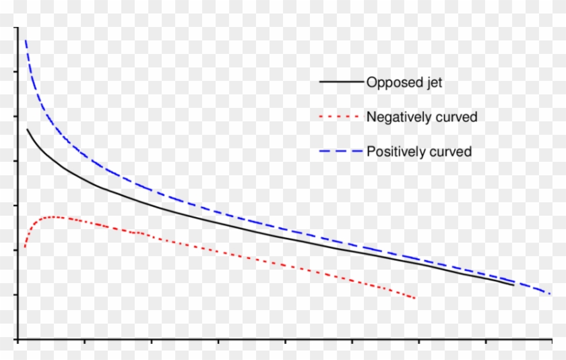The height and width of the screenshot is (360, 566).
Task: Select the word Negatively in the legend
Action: pos(400,117)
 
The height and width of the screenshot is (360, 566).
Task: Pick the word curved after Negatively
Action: pos(458,117)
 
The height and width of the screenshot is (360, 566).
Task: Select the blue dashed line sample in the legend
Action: pos(341,151)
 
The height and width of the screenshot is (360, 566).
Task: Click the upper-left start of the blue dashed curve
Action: pos(26,41)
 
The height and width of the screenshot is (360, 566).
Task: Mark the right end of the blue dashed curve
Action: pos(551,294)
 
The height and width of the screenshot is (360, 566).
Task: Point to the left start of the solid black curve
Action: pos(27,129)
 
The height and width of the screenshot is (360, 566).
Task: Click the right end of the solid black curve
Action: pos(513,285)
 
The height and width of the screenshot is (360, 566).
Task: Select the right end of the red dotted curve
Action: pos(415,298)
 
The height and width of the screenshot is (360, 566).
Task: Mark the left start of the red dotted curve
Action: pos(25,247)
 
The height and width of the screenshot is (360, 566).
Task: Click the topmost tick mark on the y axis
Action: pos(15,28)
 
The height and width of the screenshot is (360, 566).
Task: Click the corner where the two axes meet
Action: pos(18,338)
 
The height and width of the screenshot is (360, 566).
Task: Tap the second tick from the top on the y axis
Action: pos(15,72)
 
